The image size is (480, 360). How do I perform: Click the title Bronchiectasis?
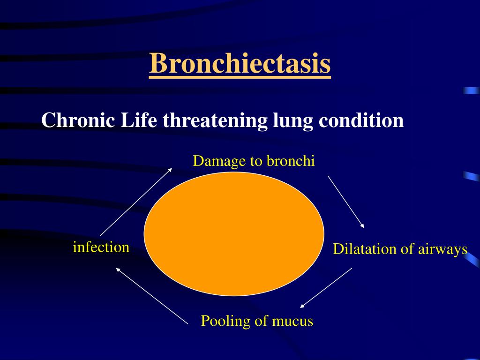(240, 64)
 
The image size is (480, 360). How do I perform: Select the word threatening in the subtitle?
(216, 120)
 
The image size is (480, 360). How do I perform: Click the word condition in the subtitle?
(361, 120)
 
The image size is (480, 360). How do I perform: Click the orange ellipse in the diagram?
(234, 234)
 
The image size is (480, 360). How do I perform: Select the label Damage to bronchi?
(254, 161)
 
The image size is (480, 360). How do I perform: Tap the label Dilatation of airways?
(400, 249)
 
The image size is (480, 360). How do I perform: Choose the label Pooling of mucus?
(257, 321)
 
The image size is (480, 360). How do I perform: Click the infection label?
(101, 247)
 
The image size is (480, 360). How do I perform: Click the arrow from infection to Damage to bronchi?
(136, 202)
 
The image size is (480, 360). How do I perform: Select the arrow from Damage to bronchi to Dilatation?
(346, 202)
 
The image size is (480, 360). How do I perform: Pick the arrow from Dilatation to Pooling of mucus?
(326, 288)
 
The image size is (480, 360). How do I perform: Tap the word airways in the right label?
(443, 249)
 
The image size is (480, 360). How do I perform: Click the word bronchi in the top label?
(290, 161)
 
